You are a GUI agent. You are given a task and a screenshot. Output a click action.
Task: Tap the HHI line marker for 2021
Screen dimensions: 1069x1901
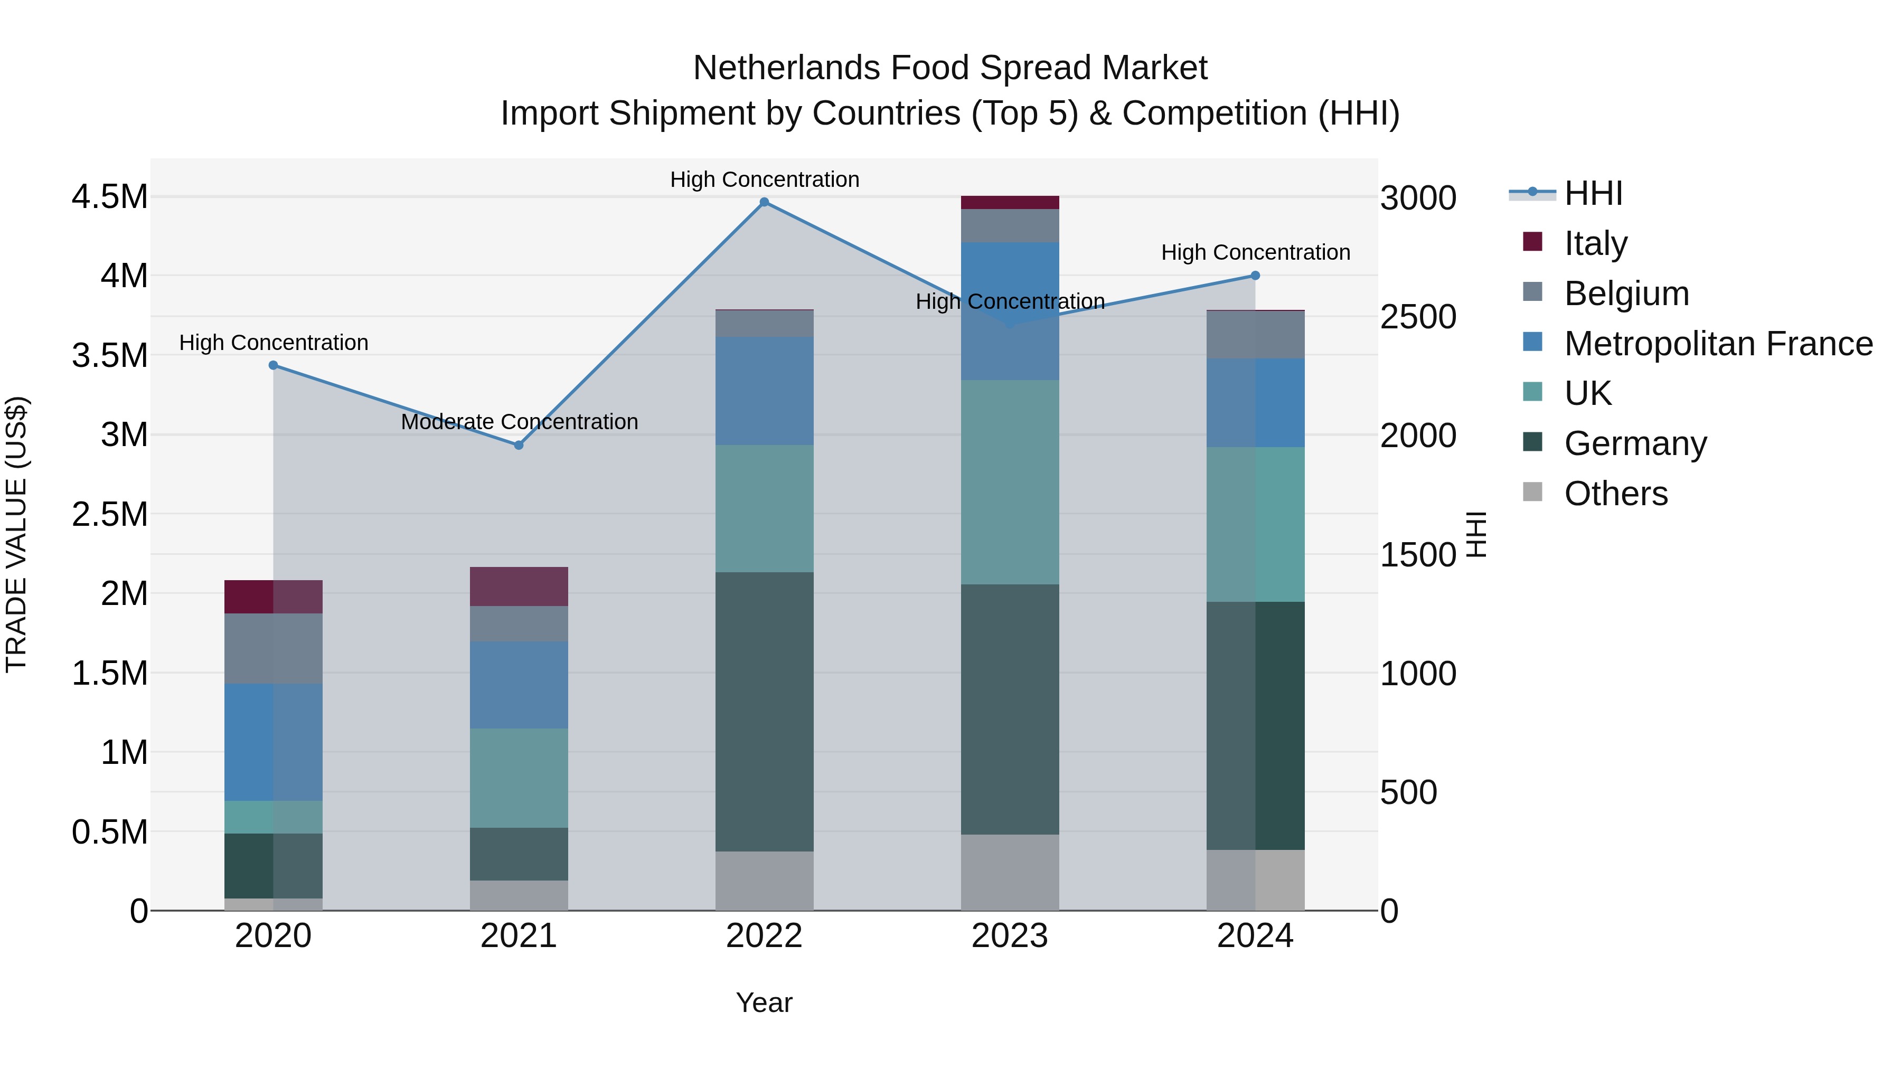(x=518, y=445)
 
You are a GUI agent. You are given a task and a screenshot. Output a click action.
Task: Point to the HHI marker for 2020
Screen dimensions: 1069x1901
(x=273, y=365)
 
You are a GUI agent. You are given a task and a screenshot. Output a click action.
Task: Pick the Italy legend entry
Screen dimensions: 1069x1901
(x=1595, y=243)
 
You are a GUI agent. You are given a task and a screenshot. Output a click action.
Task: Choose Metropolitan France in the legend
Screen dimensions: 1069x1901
(x=1717, y=344)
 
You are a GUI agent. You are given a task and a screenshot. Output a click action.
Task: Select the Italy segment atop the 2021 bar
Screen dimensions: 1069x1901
(x=518, y=586)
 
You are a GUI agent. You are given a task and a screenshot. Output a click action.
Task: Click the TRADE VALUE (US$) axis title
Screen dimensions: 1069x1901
(x=16, y=534)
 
